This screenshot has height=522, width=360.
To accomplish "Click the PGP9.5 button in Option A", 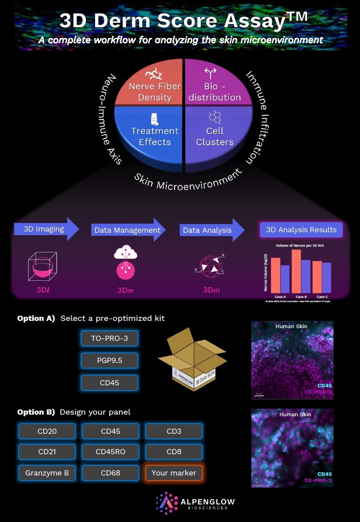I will [110, 361].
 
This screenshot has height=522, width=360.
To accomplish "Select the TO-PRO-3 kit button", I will [110, 339].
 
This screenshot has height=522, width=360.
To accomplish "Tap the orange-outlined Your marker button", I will [174, 473].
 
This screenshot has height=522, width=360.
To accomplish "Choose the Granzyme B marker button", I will [47, 473].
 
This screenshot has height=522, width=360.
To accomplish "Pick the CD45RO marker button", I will [111, 452].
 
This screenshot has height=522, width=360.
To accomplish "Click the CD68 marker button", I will [111, 473].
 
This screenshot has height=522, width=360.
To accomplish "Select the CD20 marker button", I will [47, 431].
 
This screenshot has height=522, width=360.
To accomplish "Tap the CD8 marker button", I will [174, 452].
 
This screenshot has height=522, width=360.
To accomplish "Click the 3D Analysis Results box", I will [301, 230].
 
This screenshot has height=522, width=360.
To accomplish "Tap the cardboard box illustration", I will [192, 361].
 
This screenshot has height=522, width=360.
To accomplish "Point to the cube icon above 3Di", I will [42, 266].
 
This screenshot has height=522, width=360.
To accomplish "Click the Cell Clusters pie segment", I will [215, 134].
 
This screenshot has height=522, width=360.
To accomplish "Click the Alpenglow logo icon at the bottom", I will [167, 502].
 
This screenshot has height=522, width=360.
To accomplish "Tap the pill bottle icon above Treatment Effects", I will [154, 119].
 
